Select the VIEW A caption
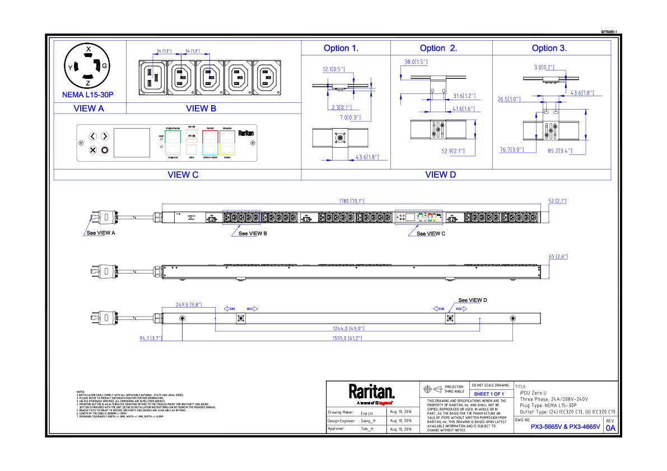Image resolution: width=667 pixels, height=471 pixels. (89, 109)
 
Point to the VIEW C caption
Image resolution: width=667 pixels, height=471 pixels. (183, 175)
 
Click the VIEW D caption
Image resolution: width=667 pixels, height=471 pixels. (440, 175)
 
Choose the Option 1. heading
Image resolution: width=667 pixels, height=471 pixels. (341, 48)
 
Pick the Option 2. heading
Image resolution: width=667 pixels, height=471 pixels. (438, 48)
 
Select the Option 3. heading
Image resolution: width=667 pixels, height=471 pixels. (549, 48)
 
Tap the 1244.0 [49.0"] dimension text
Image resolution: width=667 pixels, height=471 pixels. (348, 328)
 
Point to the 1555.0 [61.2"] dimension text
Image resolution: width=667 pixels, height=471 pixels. (347, 338)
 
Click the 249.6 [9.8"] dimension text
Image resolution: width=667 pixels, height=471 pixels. (188, 305)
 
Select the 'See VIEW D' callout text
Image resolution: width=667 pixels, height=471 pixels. (472, 300)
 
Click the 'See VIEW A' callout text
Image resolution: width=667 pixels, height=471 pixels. (100, 233)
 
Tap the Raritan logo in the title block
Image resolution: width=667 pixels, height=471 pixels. (372, 391)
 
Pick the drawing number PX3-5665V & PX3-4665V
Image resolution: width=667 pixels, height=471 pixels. (565, 427)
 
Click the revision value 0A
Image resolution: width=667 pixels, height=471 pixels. (610, 428)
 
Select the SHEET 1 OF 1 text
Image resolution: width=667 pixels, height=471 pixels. (489, 394)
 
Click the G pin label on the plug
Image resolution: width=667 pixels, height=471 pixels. (104, 66)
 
